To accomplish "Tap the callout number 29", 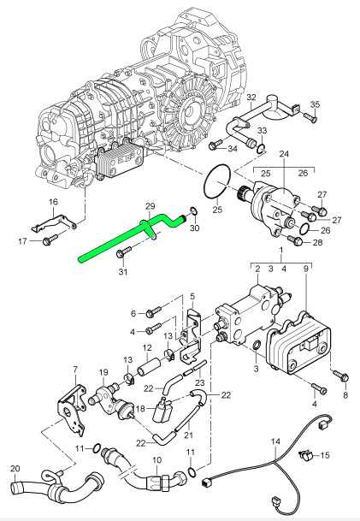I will tap(150, 207).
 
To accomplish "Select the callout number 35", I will tap(315, 105).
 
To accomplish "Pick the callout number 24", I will tap(285, 154).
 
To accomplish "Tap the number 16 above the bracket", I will tap(52, 202).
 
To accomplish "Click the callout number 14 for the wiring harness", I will tap(275, 442).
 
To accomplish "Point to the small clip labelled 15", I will tap(307, 455).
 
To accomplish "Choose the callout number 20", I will tap(15, 468).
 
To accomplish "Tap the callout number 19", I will tap(103, 372).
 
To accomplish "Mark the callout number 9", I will tap(307, 268).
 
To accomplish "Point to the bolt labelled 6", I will tap(155, 312).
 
